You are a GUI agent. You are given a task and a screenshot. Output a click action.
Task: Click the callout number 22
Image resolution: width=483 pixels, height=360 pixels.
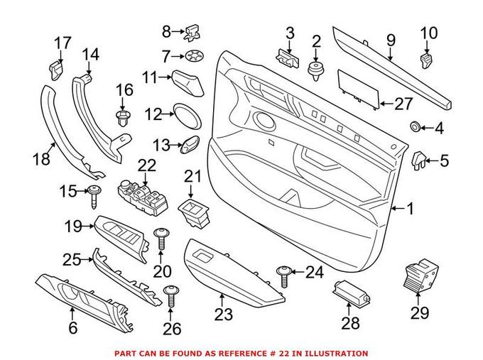146,165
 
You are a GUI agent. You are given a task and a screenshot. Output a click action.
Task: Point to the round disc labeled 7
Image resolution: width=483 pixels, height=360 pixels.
192,55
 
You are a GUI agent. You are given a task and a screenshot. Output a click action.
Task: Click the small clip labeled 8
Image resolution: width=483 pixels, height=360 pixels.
192,31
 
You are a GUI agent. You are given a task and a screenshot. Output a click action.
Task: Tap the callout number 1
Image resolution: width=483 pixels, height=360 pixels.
409,209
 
